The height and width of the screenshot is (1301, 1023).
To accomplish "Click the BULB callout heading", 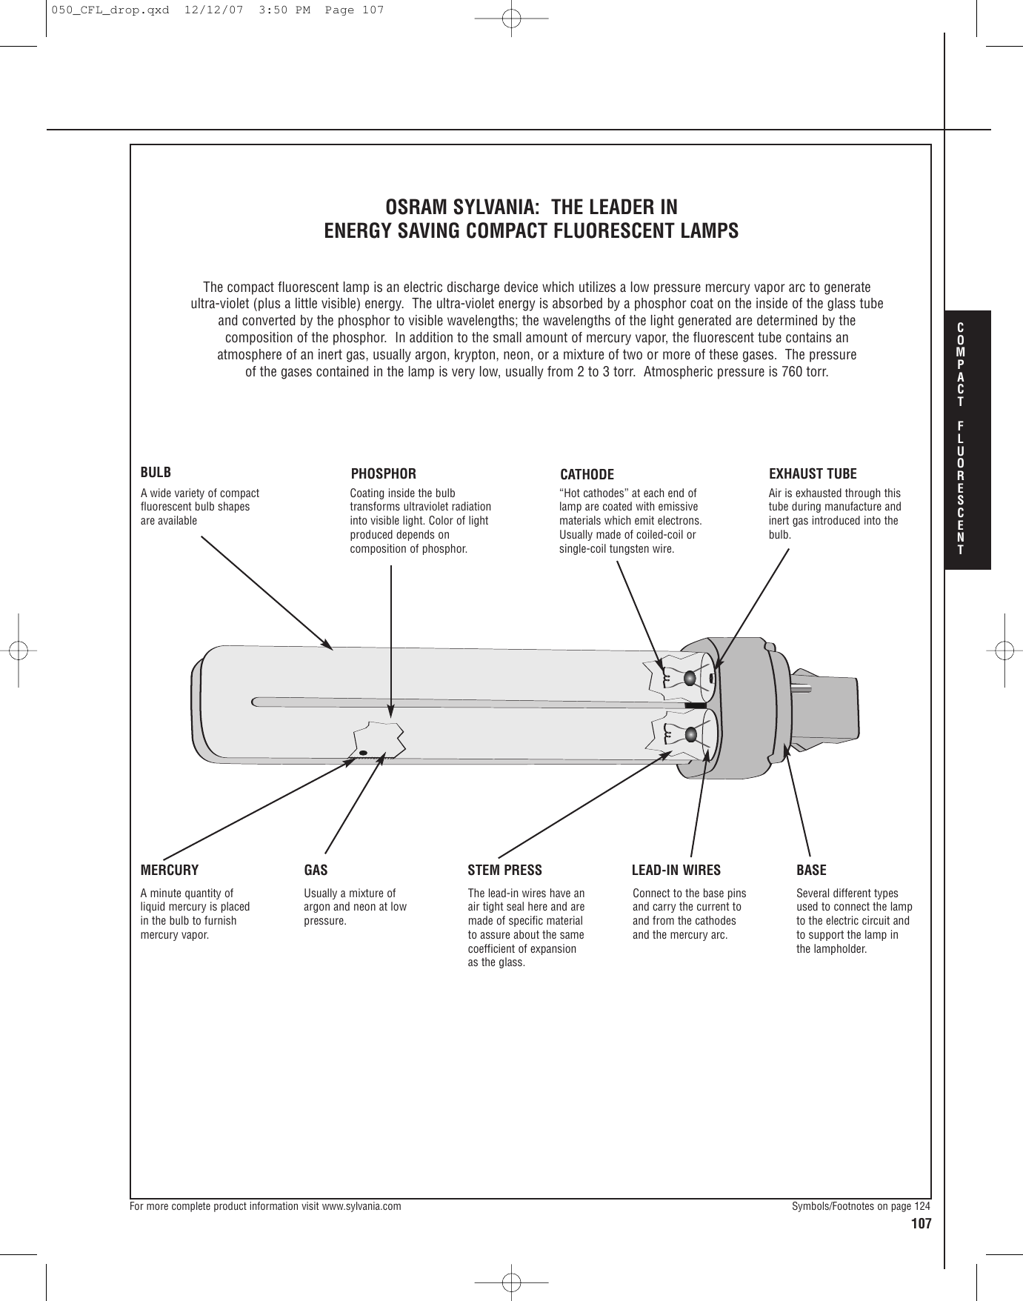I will pos(156,472).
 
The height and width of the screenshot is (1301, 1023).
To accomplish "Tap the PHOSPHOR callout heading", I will pos(383,473).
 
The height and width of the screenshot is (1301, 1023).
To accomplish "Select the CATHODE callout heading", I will pos(587,474).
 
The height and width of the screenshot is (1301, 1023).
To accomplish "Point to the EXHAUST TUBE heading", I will pos(813,473).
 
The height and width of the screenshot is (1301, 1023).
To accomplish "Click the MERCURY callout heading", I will pos(170,870).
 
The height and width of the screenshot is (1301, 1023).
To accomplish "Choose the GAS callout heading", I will pos(316,870).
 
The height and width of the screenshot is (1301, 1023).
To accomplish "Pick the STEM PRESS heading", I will pos(504,870).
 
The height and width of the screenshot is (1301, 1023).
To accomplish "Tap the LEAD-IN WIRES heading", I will pos(676,870).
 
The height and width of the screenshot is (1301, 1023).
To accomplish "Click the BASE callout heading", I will pos(811,870).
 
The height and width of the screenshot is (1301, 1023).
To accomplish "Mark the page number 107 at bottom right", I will pos(921,1223).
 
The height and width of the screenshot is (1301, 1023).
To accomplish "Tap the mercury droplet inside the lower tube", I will pos(363,753).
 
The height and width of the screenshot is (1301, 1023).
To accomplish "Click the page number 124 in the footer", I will pos(922,1206).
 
